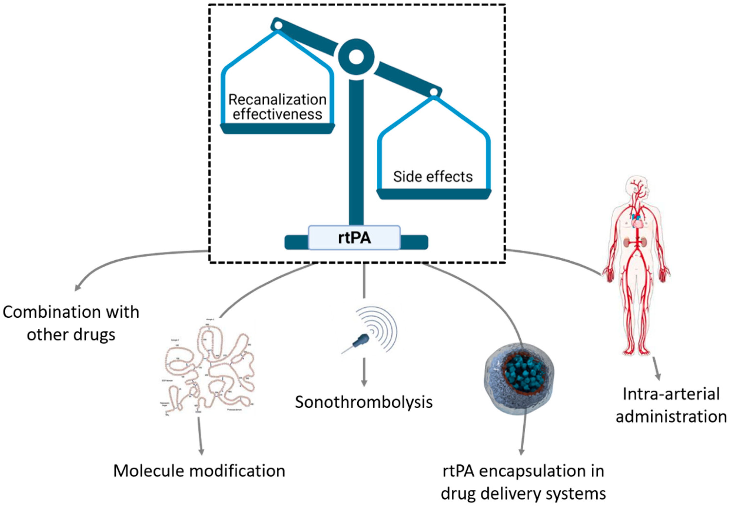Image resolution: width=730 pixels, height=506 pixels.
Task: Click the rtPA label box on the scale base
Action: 354,237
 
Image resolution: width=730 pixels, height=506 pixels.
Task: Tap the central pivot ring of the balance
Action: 356,57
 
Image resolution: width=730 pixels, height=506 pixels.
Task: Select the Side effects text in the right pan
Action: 433,177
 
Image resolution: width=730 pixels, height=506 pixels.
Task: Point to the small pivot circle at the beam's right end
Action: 434,92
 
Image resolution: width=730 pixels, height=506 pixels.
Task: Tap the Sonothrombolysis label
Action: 364,402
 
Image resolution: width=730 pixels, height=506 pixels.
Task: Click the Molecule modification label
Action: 199,471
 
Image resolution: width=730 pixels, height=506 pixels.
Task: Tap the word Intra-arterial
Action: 671,394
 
